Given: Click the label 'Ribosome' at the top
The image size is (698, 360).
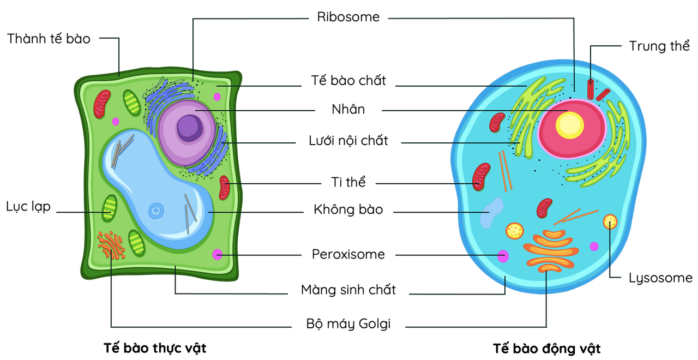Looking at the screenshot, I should coord(348,17).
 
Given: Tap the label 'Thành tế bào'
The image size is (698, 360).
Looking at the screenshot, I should coord(49,38).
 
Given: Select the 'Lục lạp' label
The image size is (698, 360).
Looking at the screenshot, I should coord(28,207).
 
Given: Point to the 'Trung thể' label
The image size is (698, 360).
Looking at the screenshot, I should coord(659,46).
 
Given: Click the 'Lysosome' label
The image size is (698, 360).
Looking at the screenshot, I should coord(660,278).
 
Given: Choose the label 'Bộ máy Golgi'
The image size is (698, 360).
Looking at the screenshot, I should coord(348,323).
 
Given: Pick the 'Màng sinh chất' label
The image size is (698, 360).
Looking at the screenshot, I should coord(348,289).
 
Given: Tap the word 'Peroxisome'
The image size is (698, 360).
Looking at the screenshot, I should coord(348,254).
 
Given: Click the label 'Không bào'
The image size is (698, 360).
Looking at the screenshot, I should coord(348,209).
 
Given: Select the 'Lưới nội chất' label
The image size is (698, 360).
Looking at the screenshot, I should coord(348,140).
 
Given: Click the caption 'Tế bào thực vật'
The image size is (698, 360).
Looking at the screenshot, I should coord(155,347).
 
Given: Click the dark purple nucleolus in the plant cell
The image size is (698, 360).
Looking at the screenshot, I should coord(189,128).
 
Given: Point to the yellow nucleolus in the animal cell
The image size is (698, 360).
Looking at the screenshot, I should coord(569,125).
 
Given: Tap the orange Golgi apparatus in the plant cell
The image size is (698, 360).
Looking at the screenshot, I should coord(112,245).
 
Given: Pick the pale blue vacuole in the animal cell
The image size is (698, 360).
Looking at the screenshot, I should coord(492,213).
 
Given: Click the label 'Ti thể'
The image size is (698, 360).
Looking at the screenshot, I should coord(348,182).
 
